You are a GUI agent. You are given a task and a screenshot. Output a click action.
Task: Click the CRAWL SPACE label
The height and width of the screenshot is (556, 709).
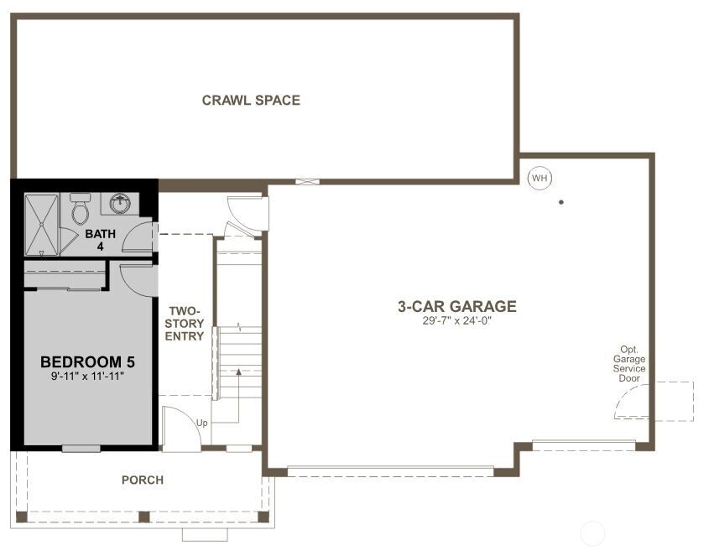tap(251, 101)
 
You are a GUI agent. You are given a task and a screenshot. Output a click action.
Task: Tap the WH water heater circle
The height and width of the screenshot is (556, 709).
tap(539, 178)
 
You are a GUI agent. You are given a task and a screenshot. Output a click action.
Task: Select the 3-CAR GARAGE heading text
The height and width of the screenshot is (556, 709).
tap(456, 307)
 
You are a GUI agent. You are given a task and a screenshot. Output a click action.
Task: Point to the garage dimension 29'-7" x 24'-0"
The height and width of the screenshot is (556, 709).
tap(456, 321)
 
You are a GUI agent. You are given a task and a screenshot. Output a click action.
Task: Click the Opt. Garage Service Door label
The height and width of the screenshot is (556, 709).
tap(629, 364)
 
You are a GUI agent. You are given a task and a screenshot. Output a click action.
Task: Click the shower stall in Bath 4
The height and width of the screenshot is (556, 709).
tap(40, 224)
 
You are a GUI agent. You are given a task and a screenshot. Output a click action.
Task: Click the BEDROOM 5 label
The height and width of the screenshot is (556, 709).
tap(87, 362)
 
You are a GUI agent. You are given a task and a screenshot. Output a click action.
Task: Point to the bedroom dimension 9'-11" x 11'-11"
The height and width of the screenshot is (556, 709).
tap(87, 377)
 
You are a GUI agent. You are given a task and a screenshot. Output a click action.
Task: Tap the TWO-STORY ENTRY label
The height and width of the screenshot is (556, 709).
tap(185, 323)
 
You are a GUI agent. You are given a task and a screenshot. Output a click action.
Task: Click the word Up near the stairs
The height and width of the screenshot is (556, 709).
tap(202, 423)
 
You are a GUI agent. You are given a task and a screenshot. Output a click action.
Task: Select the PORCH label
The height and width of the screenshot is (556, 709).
tap(143, 481)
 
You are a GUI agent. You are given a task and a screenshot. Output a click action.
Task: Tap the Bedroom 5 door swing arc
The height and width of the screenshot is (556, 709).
tap(134, 279)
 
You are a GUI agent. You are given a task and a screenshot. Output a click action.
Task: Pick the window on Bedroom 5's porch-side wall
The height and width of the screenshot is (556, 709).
tap(81, 449)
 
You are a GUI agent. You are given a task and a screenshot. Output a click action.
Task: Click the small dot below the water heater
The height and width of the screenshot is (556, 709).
tap(560, 202)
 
